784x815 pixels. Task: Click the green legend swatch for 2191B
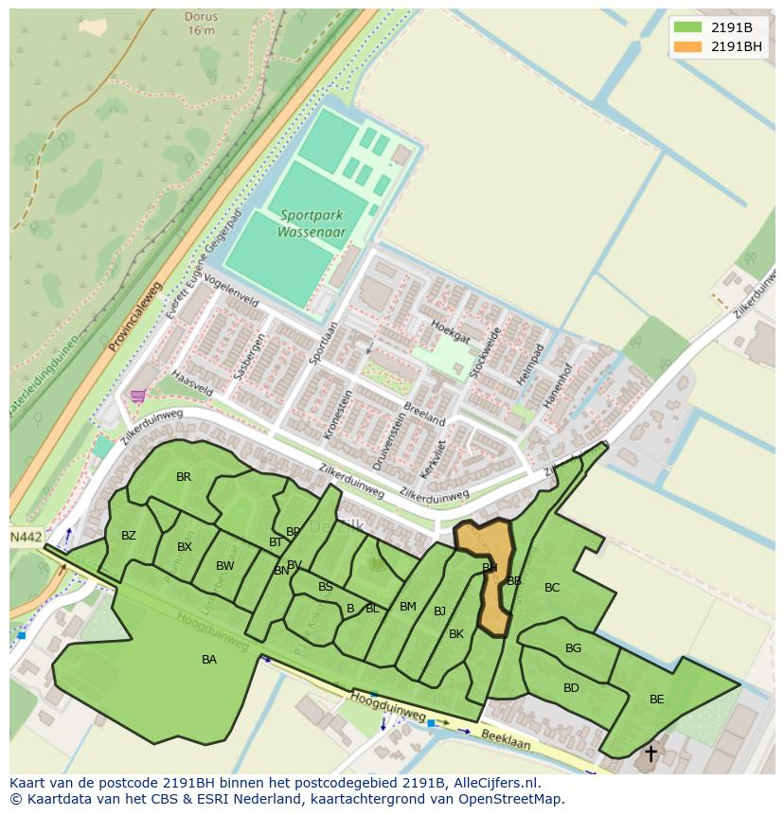coord(687,27)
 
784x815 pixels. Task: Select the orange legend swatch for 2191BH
coord(687,46)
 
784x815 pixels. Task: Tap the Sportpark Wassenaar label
coord(312,223)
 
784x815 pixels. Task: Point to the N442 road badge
coord(26,537)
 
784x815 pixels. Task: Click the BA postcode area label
coord(209,660)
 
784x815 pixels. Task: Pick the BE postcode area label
coord(656,700)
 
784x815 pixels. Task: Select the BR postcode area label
coord(184,477)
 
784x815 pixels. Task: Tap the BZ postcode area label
coord(129,536)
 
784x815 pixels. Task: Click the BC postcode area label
coord(552,588)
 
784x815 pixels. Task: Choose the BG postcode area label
coord(573,648)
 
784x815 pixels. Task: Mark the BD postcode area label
coord(571,688)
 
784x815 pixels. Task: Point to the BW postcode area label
coord(224,566)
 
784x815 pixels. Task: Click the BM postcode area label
coord(408,607)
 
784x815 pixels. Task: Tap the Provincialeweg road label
coord(135,316)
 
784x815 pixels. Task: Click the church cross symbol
coord(650,753)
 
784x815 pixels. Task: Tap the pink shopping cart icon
coord(139,396)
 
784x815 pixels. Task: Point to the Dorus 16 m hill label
coord(201,24)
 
